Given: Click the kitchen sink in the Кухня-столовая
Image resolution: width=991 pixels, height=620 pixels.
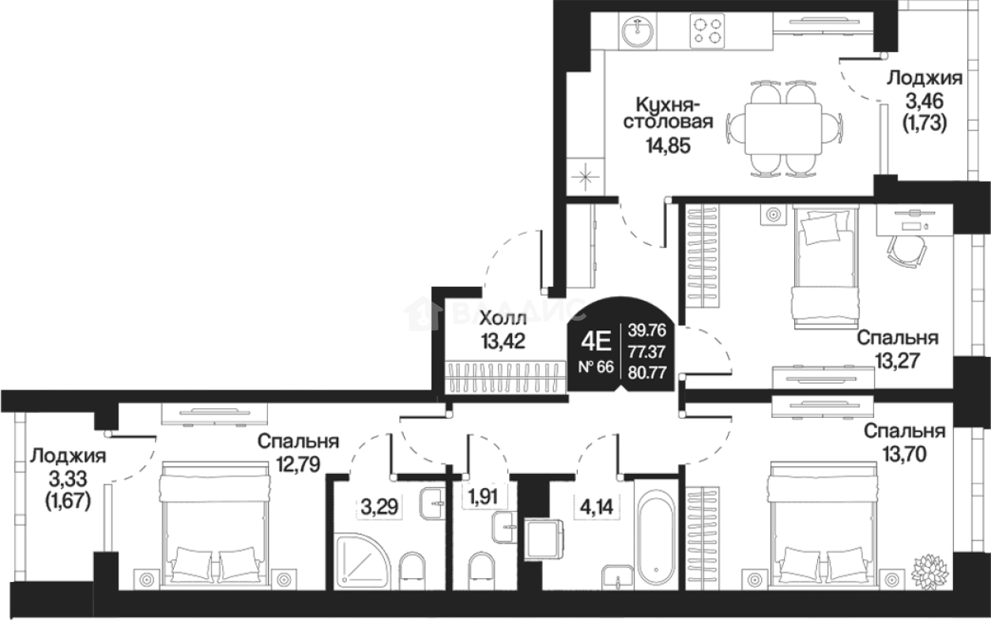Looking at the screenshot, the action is (x=637, y=31).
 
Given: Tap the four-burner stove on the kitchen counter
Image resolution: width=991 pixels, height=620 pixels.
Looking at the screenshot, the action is (x=707, y=31).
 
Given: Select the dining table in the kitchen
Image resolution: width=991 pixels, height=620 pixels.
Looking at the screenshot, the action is (x=783, y=129).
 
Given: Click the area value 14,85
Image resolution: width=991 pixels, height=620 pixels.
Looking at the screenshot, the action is (x=669, y=145).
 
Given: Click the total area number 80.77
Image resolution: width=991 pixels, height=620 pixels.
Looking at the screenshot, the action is (x=647, y=373).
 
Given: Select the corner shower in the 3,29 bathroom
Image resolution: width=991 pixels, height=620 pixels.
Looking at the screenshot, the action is (x=362, y=561).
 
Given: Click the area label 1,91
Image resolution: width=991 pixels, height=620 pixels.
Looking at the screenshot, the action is (x=484, y=497).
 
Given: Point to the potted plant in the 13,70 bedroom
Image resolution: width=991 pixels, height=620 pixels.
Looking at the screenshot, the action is (x=930, y=570).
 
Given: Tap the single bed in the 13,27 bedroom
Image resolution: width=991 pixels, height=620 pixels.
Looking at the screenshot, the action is (x=826, y=267).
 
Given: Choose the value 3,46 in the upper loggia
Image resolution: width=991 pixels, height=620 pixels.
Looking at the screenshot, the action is (x=925, y=101).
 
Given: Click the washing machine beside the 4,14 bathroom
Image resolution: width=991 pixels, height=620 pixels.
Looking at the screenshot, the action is (x=544, y=539).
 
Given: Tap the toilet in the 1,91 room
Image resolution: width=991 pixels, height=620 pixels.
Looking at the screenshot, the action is (x=481, y=571).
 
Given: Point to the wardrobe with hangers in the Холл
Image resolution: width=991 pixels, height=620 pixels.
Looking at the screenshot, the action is (x=505, y=378).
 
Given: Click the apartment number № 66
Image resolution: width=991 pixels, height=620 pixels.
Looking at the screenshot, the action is (x=596, y=367).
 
